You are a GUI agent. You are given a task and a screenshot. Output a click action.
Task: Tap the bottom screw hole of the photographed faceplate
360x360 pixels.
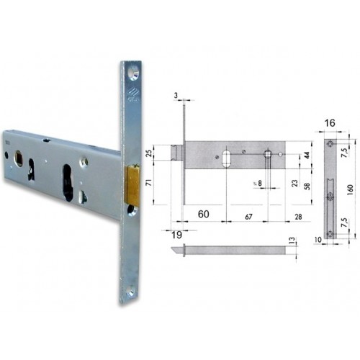coord(131,293)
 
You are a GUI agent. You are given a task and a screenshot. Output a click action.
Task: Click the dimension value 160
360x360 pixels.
coord(354,186)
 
